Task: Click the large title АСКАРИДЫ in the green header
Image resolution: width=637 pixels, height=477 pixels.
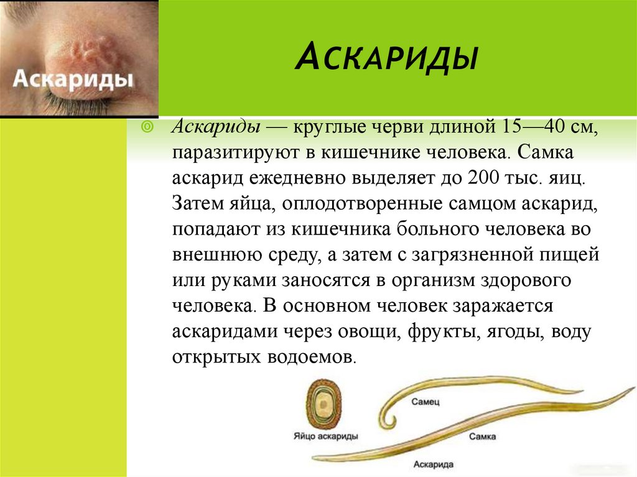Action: click(386, 57)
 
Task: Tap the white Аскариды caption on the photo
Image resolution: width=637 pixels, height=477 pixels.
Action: click(73, 78)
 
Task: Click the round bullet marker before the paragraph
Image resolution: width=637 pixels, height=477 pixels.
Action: click(147, 127)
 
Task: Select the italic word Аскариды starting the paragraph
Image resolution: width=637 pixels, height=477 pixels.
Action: click(216, 127)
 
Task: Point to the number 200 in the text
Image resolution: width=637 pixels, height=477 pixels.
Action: click(483, 178)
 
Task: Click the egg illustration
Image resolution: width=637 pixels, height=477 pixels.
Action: click(323, 404)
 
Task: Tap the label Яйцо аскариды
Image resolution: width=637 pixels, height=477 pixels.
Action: click(326, 437)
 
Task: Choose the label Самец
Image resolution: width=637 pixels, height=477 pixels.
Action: click(425, 402)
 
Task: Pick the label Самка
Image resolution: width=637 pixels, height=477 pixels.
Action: click(482, 437)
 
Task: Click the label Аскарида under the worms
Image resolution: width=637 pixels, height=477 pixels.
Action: click(434, 465)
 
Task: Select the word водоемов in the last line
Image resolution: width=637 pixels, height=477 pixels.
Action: click(312, 358)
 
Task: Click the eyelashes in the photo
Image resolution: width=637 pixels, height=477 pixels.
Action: click(75, 101)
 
